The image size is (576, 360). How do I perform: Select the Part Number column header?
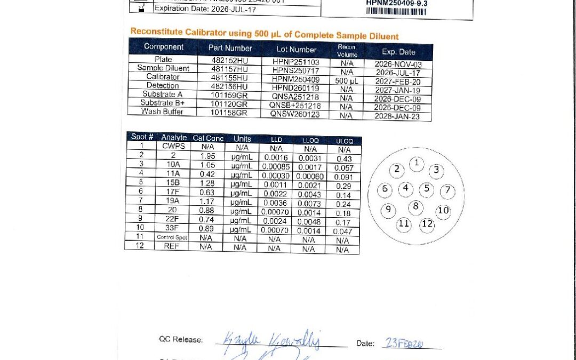230,48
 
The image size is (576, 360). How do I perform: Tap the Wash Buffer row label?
162,111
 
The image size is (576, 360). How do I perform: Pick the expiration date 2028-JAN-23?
398,116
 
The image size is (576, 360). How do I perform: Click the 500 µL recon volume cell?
346,81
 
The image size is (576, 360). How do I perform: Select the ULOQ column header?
344,141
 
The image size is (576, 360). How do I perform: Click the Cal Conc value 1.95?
207,156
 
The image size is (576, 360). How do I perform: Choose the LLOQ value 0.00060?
310,177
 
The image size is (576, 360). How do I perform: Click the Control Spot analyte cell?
172,237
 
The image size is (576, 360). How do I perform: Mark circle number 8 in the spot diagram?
416,206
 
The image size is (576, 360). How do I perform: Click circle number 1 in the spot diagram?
417,163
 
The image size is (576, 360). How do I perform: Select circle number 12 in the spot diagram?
427,224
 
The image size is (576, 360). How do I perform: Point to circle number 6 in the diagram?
385,189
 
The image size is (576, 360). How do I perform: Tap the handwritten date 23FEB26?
404,344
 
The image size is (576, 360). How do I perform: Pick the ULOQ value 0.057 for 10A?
344,167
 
